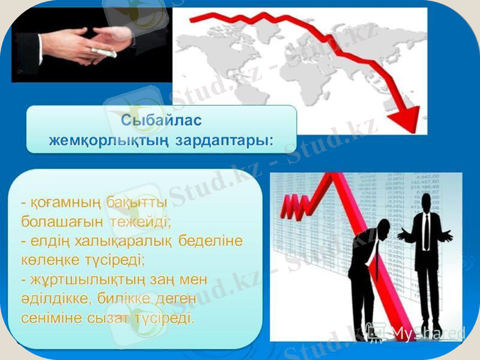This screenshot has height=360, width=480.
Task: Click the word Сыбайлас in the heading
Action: [161, 120]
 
